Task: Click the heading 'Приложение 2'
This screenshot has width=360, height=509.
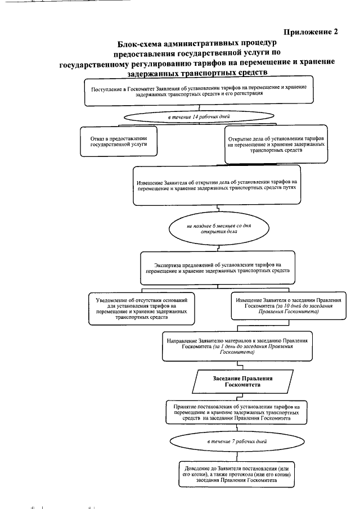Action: [310, 32]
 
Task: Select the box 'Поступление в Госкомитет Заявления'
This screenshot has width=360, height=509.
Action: [199, 91]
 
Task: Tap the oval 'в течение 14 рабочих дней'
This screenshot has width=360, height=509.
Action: [199, 116]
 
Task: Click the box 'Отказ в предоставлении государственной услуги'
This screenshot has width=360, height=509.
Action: [119, 141]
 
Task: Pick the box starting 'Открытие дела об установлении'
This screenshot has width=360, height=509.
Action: [276, 145]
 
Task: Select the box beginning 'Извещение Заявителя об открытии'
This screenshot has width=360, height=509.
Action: [217, 186]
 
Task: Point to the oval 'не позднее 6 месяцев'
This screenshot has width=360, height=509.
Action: [219, 229]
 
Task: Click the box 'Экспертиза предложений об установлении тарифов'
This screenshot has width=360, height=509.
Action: [218, 268]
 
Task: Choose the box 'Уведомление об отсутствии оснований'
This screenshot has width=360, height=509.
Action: [142, 309]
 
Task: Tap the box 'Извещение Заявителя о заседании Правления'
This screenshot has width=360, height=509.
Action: [289, 306]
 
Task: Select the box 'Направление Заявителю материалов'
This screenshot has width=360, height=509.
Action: [237, 346]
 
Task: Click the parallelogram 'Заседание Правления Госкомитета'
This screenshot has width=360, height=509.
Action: [242, 382]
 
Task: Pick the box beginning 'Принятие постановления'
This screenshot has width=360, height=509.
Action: [236, 412]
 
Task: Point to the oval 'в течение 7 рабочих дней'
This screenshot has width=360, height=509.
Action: [237, 442]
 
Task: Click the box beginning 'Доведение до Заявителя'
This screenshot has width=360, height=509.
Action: [237, 474]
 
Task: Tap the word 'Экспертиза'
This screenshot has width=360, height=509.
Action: [165, 265]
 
